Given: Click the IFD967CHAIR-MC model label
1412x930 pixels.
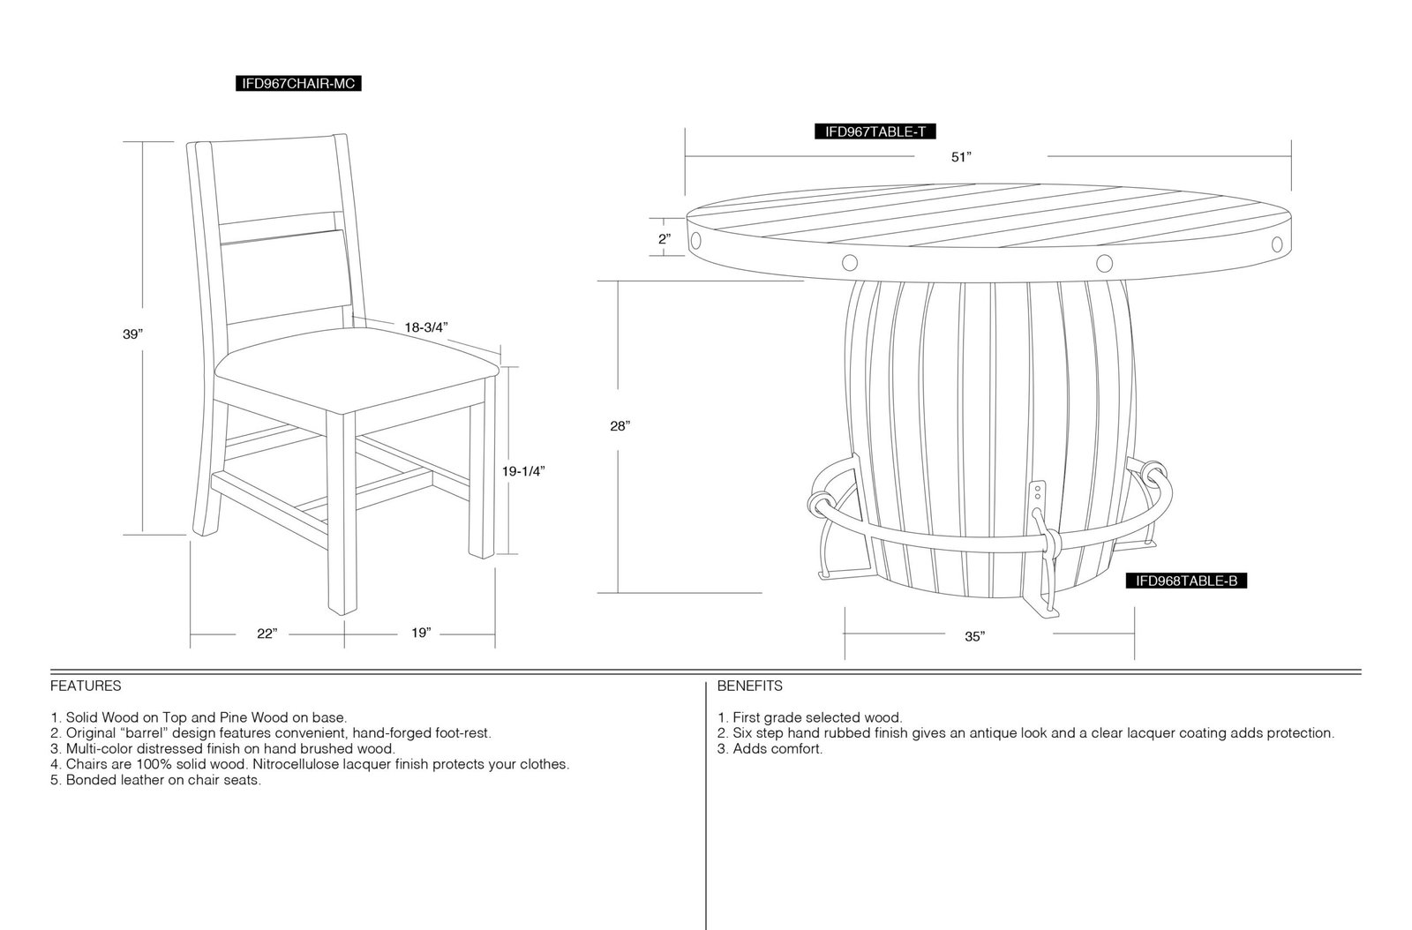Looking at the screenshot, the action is [x=298, y=84].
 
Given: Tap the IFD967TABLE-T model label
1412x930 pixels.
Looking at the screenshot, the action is [x=875, y=131].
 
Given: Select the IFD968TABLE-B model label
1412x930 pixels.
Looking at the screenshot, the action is [x=1186, y=581].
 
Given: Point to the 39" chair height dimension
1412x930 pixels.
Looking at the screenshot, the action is [x=133, y=334].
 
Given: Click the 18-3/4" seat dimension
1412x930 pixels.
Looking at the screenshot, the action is [x=426, y=327].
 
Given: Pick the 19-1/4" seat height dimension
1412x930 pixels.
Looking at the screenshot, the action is [x=523, y=471].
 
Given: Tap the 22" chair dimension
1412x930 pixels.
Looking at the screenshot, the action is [x=267, y=634].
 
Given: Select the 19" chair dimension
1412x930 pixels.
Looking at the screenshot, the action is [x=420, y=633].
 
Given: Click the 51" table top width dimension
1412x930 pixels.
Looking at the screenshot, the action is [x=961, y=157].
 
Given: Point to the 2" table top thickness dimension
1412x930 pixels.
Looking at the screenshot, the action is [x=665, y=239].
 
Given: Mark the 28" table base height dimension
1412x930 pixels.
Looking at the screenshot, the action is [x=620, y=426].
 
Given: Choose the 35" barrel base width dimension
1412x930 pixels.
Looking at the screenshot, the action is [x=974, y=636].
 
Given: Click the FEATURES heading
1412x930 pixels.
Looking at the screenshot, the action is [x=86, y=686].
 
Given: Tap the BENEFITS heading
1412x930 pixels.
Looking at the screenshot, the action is [x=749, y=686].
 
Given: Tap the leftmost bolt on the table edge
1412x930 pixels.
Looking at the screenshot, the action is [x=696, y=240].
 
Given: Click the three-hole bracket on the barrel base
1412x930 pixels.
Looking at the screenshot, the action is [x=1037, y=498].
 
